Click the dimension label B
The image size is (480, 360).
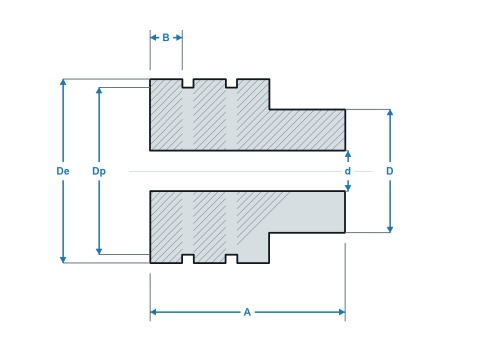(x=166, y=38)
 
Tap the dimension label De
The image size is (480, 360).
(x=63, y=171)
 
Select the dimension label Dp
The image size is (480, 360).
(x=99, y=171)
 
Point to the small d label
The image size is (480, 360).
(x=348, y=171)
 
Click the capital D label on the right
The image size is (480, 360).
(x=390, y=171)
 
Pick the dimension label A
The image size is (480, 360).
(x=247, y=312)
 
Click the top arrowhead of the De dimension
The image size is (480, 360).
(x=63, y=82)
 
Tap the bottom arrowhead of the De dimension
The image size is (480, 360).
(x=63, y=259)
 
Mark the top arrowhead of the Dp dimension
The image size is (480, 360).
(x=99, y=91)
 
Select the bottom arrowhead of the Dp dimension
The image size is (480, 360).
(x=99, y=251)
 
